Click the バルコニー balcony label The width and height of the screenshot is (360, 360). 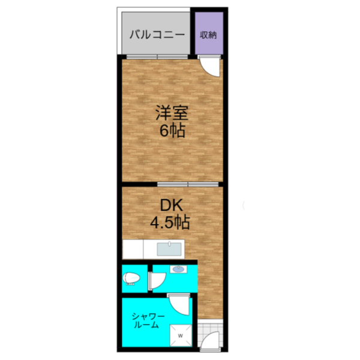pos(157,35)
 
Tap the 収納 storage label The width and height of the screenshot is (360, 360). pos(208,35)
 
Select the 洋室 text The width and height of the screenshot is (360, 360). pos(172,113)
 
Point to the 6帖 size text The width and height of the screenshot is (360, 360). pos(172,131)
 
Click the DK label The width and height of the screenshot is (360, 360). pos(171,205)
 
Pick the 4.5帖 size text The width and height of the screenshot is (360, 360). pos(170,222)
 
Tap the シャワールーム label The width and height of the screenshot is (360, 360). pos(148,320)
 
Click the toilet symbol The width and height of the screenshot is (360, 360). pos(131,279)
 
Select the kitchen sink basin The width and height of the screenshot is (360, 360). pos(169,249)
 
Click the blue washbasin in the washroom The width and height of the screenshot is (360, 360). pos(178,269)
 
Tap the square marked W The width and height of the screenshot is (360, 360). pos(181,335)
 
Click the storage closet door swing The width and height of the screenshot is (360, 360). pos(209,66)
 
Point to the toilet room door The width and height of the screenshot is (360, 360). pos(157,281)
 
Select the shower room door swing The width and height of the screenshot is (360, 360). pos(179,305)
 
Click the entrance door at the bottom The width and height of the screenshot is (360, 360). pos(210,341)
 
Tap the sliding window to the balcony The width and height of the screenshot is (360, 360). pos(157,57)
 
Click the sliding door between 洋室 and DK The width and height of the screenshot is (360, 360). pos(188,184)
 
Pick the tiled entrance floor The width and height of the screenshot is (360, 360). pos(210,335)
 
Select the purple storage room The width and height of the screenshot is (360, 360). pos(209,33)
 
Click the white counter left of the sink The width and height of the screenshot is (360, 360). pos(133,249)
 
